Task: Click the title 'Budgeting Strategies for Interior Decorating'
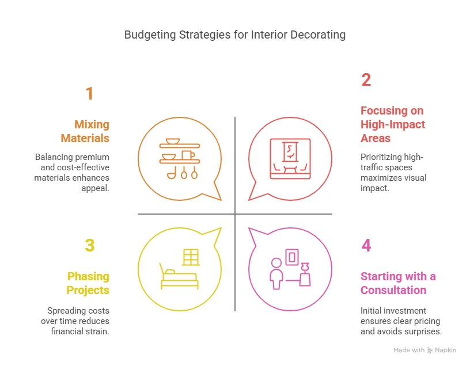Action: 235,35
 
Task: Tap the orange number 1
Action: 90,93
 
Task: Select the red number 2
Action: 366,80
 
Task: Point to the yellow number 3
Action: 90,245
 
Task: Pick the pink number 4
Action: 366,245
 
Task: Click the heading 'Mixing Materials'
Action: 85,131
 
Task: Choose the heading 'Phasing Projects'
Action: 88,283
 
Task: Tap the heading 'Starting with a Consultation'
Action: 398,283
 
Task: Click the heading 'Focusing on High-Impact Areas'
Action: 393,124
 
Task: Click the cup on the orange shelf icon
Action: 188,155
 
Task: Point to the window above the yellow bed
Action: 191,257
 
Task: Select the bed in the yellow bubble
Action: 179,276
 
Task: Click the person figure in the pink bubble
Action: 276,273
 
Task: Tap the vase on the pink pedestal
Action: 305,266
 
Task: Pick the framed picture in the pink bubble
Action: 292,257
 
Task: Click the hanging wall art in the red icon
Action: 290,152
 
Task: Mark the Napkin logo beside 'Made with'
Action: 430,350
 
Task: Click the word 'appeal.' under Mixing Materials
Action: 95,188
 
